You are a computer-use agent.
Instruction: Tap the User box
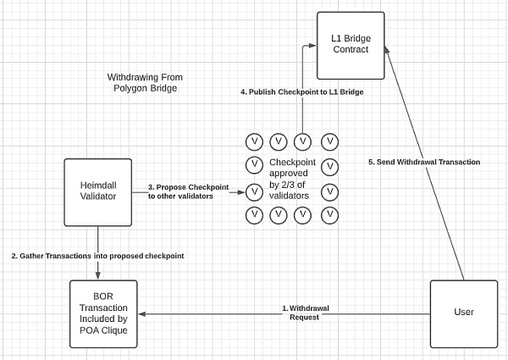(x=464, y=313)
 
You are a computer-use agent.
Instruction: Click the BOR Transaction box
(x=104, y=313)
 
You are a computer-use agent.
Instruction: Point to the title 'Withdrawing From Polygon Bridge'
(x=146, y=82)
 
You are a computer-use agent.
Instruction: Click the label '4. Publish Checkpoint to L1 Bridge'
(x=301, y=91)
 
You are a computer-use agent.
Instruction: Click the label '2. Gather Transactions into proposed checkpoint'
(x=98, y=256)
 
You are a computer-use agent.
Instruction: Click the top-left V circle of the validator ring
(x=253, y=141)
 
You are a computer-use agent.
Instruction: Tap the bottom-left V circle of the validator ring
(x=253, y=215)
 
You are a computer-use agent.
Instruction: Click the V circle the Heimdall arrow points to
(x=253, y=191)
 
